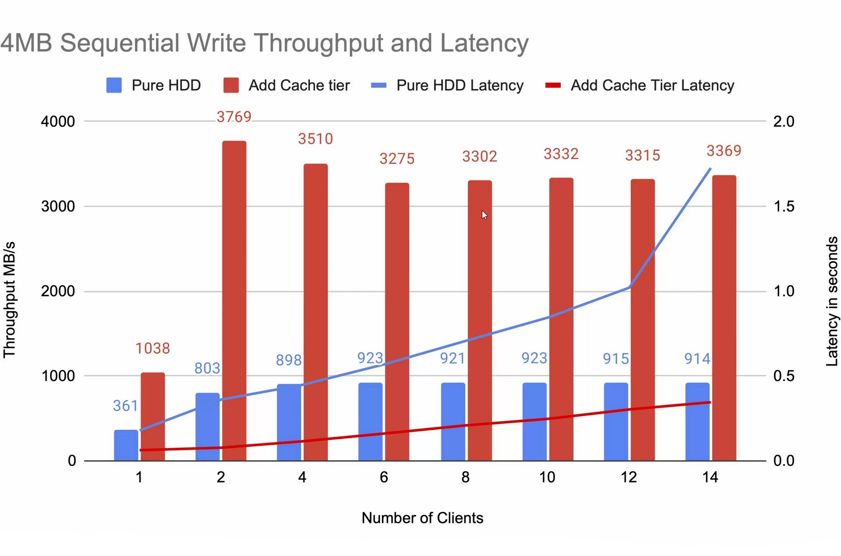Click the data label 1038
click(153, 349)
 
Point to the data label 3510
click(316, 139)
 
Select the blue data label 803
click(207, 368)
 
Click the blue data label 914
click(698, 359)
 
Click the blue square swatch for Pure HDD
click(114, 86)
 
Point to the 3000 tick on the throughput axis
click(58, 206)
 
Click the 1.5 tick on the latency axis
click(784, 206)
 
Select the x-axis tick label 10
click(547, 477)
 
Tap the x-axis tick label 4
click(302, 477)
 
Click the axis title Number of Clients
click(422, 518)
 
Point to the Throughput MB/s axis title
click(9, 300)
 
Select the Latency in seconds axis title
click(832, 301)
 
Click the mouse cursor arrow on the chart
click(484, 215)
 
